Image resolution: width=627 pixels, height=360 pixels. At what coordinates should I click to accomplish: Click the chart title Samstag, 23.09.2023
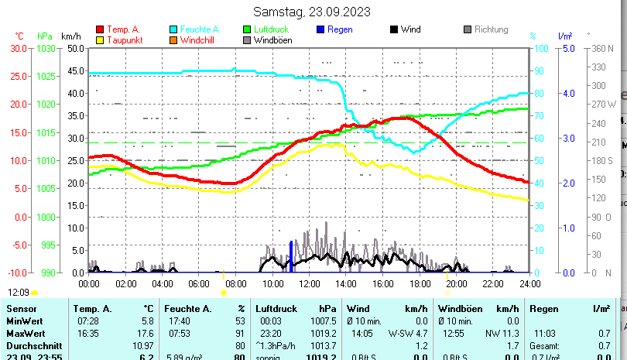(312, 12)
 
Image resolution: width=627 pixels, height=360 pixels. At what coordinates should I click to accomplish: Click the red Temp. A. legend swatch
(100, 29)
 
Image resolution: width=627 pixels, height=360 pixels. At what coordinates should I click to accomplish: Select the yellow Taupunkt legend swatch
(100, 39)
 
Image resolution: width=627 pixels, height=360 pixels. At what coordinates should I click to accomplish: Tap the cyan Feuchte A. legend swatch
(174, 29)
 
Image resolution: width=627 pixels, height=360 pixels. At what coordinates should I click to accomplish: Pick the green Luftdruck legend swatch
(248, 29)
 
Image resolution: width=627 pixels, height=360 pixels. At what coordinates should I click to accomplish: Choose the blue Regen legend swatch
(321, 29)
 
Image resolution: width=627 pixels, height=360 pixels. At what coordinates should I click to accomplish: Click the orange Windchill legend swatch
(174, 39)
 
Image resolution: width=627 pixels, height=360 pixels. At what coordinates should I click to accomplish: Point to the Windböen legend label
(272, 39)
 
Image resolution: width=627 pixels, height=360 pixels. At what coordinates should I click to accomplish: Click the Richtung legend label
(491, 29)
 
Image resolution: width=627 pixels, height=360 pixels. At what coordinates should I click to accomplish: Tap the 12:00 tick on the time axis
(309, 283)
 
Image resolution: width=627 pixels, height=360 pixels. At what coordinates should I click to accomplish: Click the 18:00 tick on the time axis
(420, 283)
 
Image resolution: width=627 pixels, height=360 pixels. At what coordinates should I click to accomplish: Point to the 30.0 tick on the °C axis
(18, 48)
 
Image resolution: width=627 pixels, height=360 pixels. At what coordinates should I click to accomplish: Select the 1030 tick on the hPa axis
(46, 48)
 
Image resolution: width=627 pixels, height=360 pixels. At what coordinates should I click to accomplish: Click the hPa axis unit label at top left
(45, 36)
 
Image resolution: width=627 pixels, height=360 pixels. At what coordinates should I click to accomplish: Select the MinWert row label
(25, 321)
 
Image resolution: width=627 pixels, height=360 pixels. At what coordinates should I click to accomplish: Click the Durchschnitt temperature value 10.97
(144, 345)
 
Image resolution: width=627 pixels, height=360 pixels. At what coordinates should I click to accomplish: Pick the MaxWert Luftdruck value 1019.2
(323, 334)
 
